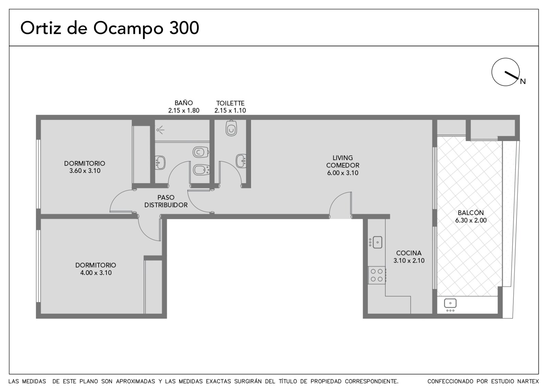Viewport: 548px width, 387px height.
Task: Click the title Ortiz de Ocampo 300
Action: click(110, 28)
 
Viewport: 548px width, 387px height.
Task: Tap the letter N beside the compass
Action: click(523, 82)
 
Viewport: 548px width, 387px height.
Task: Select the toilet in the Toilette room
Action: click(231, 128)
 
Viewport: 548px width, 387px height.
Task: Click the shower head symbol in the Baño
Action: click(160, 130)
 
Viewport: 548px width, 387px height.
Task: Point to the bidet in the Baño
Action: click(201, 170)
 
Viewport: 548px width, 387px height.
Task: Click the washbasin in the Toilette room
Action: click(241, 161)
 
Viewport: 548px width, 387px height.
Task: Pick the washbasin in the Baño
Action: click(160, 162)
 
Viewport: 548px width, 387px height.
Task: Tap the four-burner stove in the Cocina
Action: click(377, 275)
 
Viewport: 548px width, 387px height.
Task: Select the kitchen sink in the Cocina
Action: click(376, 242)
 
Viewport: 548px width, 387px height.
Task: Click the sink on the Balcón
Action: click(450, 305)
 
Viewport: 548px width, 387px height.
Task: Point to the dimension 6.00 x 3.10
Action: click(342, 173)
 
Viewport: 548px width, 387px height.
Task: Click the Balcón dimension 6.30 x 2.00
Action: click(471, 221)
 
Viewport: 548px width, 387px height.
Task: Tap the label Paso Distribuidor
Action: click(166, 201)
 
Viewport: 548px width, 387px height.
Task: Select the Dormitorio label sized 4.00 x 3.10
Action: click(96, 269)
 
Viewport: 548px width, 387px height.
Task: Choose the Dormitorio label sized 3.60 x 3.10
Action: click(85, 167)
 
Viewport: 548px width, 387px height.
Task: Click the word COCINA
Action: click(409, 253)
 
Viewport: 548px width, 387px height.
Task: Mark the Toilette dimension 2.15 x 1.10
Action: click(230, 111)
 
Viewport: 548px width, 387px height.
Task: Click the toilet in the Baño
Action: click(201, 152)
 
